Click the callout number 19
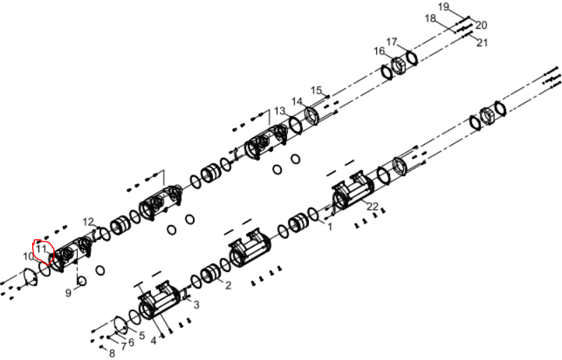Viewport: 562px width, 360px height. [x=443, y=7]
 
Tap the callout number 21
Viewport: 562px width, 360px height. [x=482, y=43]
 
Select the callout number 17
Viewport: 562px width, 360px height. [x=391, y=42]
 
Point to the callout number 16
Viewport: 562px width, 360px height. [x=379, y=51]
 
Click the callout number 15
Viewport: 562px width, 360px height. [x=316, y=90]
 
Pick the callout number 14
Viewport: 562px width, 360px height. [x=297, y=101]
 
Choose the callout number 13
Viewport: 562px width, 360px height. [x=280, y=111]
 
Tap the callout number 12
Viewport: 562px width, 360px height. [x=88, y=222]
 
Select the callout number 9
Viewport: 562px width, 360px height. [x=68, y=293]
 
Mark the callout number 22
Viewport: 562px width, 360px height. [x=373, y=206]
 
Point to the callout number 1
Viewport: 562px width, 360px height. [x=330, y=226]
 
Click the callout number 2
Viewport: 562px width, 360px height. [x=229, y=285]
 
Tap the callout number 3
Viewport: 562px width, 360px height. [x=196, y=305]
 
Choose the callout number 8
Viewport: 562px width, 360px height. [x=112, y=353]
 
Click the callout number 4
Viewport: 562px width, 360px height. [x=153, y=340]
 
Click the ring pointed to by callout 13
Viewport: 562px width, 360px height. [x=296, y=126]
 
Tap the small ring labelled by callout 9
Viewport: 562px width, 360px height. [x=82, y=281]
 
